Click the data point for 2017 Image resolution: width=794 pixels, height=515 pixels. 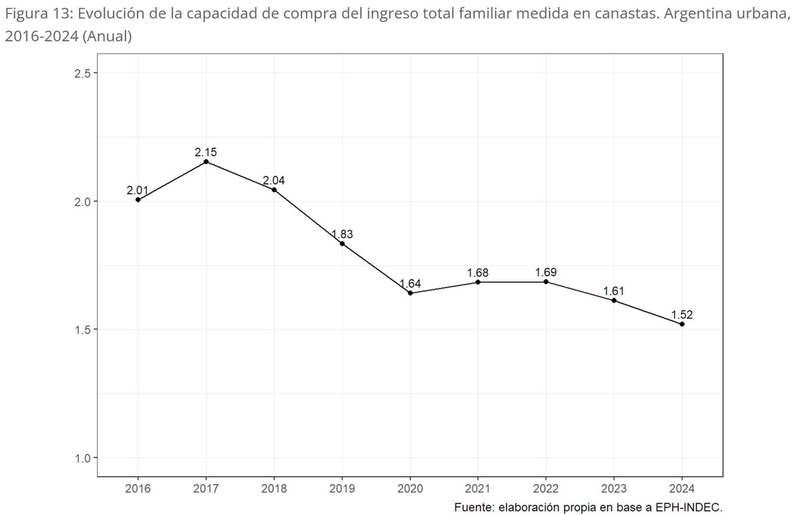tap(206, 161)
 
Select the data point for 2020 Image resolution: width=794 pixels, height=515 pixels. tap(410, 293)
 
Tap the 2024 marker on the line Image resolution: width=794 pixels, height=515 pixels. tap(682, 324)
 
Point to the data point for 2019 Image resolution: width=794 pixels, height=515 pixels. tap(342, 243)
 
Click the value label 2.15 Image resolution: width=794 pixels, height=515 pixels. tap(206, 152)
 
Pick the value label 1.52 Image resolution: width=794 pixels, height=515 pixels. tap(682, 315)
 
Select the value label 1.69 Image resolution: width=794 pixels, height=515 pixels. tap(546, 272)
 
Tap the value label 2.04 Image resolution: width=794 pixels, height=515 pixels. tap(274, 180)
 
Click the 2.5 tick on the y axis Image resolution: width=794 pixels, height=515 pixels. tap(82, 73)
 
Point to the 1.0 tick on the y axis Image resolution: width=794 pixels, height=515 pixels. tap(82, 458)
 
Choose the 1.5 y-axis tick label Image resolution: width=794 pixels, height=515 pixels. tap(82, 330)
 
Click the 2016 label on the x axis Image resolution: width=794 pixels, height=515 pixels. tap(138, 489)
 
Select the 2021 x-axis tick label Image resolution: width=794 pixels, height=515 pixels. tap(478, 489)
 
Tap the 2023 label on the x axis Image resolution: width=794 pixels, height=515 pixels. tap(614, 489)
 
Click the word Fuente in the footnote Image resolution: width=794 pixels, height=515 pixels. tap(474, 508)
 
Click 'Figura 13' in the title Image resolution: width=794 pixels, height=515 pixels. tap(38, 14)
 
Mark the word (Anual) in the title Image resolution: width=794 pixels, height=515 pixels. tap(107, 36)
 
